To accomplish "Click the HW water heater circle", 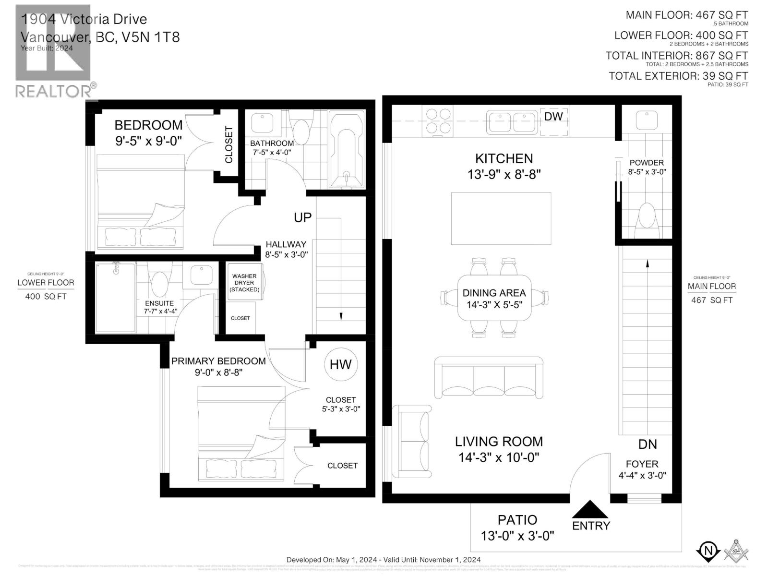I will tap(340, 364).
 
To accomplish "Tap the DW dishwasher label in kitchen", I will tap(553, 117).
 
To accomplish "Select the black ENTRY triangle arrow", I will tap(590, 510).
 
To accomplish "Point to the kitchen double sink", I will tap(511, 121).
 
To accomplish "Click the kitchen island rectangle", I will tap(501, 218).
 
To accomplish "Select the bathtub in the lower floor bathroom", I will tap(347, 149).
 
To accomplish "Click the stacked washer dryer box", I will tap(244, 282).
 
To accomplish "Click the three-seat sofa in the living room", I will tap(489, 378).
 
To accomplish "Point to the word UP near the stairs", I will tap(302, 217).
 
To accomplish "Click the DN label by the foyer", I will tap(647, 444).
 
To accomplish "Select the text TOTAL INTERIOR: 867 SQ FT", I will tap(676, 56).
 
